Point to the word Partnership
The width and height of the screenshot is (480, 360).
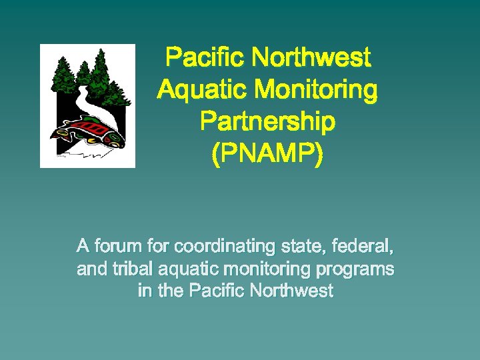(x=267, y=122)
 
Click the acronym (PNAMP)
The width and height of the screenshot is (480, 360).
(x=267, y=155)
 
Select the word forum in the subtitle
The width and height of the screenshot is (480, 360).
(x=119, y=247)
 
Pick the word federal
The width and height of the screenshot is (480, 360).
(x=363, y=247)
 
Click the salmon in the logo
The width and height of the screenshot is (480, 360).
(x=93, y=130)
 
